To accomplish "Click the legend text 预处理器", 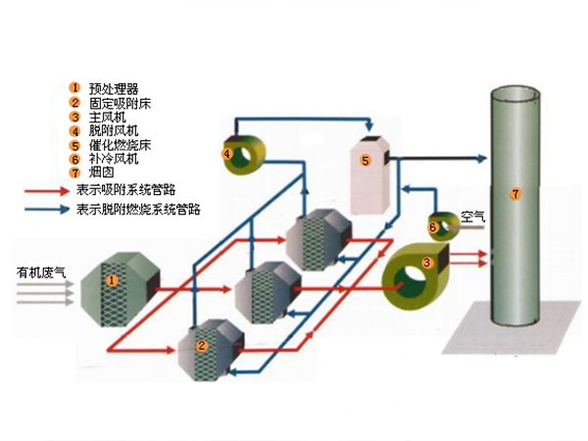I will (114, 88).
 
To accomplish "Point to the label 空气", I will (472, 218).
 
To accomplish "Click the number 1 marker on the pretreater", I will (112, 280).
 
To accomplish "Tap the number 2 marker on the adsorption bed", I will (200, 345).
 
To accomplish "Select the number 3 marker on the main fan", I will (426, 263).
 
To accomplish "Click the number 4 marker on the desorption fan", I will (226, 154).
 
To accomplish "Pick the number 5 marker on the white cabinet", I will (365, 160).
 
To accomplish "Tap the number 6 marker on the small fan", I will (433, 227).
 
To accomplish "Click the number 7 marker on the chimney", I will (517, 194).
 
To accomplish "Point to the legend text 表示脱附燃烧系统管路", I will (138, 209).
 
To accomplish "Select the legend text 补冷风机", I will (114, 158).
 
